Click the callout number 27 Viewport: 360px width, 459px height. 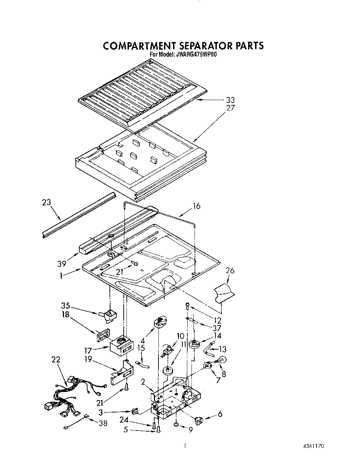pyautogui.click(x=230, y=108)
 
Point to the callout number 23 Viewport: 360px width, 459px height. pyautogui.click(x=46, y=202)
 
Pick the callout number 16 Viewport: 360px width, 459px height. pyautogui.click(x=196, y=206)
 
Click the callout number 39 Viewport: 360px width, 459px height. pyautogui.click(x=62, y=264)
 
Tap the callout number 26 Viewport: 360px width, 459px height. pyautogui.click(x=230, y=270)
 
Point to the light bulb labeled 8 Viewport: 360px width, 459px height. pyautogui.click(x=222, y=360)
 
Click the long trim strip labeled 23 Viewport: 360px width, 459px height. pyautogui.click(x=78, y=215)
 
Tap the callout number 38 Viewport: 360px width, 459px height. pyautogui.click(x=103, y=423)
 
